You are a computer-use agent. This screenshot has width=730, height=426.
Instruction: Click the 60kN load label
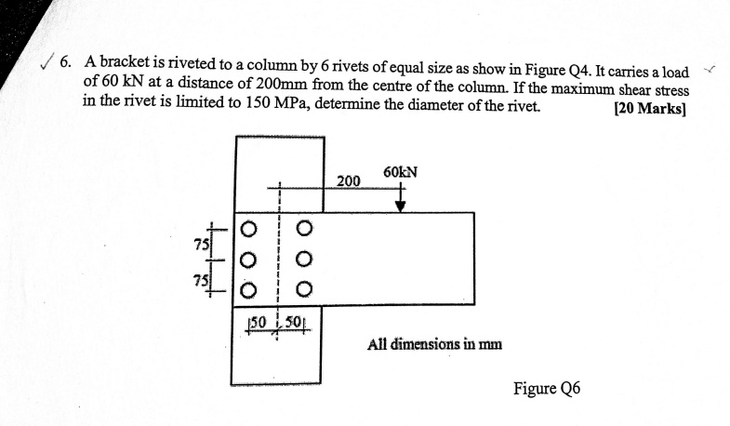pos(400,172)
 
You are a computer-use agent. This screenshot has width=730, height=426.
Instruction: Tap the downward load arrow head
pos(400,206)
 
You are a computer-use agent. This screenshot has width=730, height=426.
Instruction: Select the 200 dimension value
pos(348,180)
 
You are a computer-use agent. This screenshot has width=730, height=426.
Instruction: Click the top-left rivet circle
pos(248,227)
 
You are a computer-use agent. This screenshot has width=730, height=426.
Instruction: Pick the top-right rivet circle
pos(303,227)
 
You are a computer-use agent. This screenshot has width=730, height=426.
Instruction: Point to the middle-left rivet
pos(248,260)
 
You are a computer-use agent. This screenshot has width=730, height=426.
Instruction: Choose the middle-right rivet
pos(303,260)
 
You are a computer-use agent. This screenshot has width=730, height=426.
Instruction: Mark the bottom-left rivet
pos(248,292)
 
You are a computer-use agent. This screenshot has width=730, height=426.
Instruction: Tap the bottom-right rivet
pos(303,292)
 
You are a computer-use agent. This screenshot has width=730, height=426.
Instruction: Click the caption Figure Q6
pos(547,388)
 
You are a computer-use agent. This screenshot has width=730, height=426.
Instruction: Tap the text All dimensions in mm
pos(434,343)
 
